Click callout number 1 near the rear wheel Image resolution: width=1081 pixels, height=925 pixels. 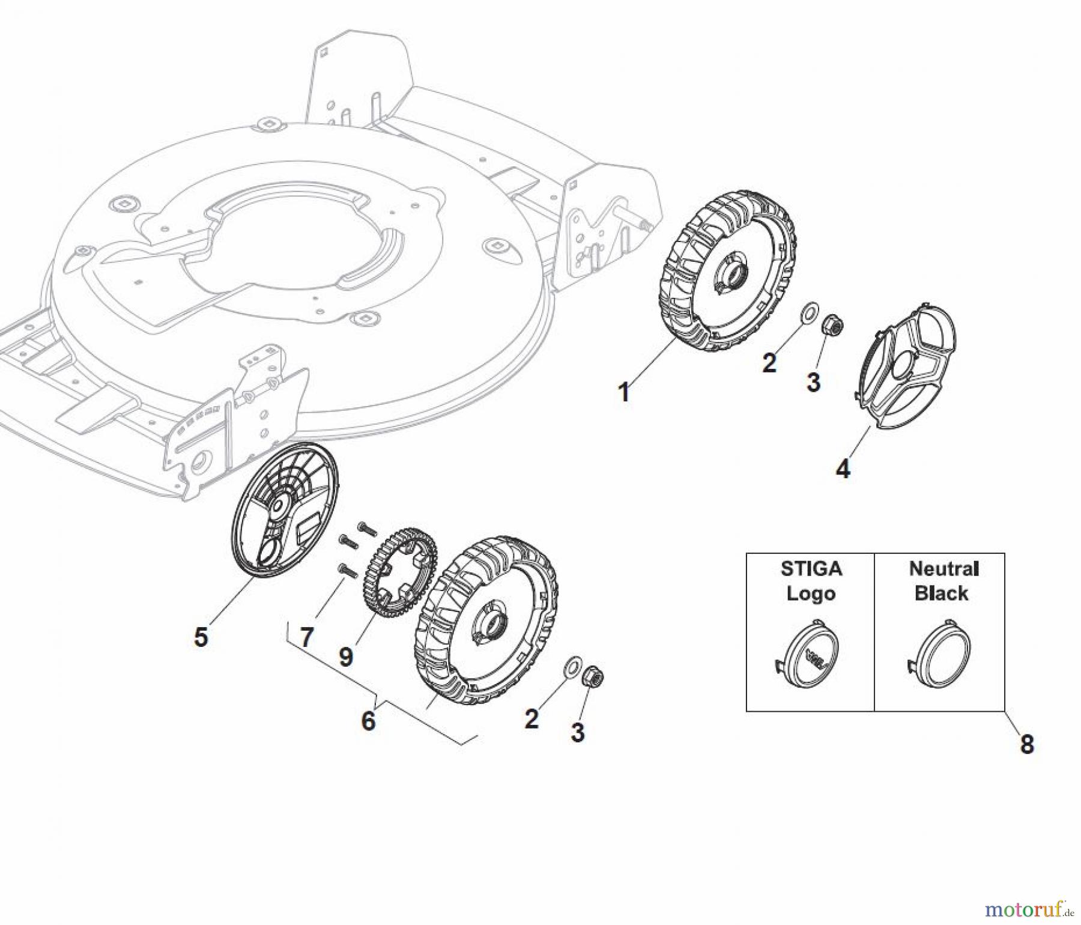coord(624,392)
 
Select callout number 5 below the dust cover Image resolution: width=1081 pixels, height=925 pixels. coord(201,637)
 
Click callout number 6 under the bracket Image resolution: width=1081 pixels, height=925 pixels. coord(368,720)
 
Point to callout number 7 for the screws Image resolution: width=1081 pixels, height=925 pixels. coord(307,637)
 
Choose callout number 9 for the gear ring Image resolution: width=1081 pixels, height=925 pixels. coord(346,657)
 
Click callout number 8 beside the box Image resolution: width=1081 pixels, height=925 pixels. coord(1027,744)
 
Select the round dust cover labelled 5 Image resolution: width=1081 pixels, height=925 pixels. coord(285,511)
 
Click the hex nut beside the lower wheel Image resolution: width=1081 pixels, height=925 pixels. coord(594,678)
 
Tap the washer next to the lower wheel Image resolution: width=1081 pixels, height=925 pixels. coord(572,665)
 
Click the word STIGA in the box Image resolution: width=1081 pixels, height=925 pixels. coord(811,568)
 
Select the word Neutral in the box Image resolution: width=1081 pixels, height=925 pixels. coord(943,568)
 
